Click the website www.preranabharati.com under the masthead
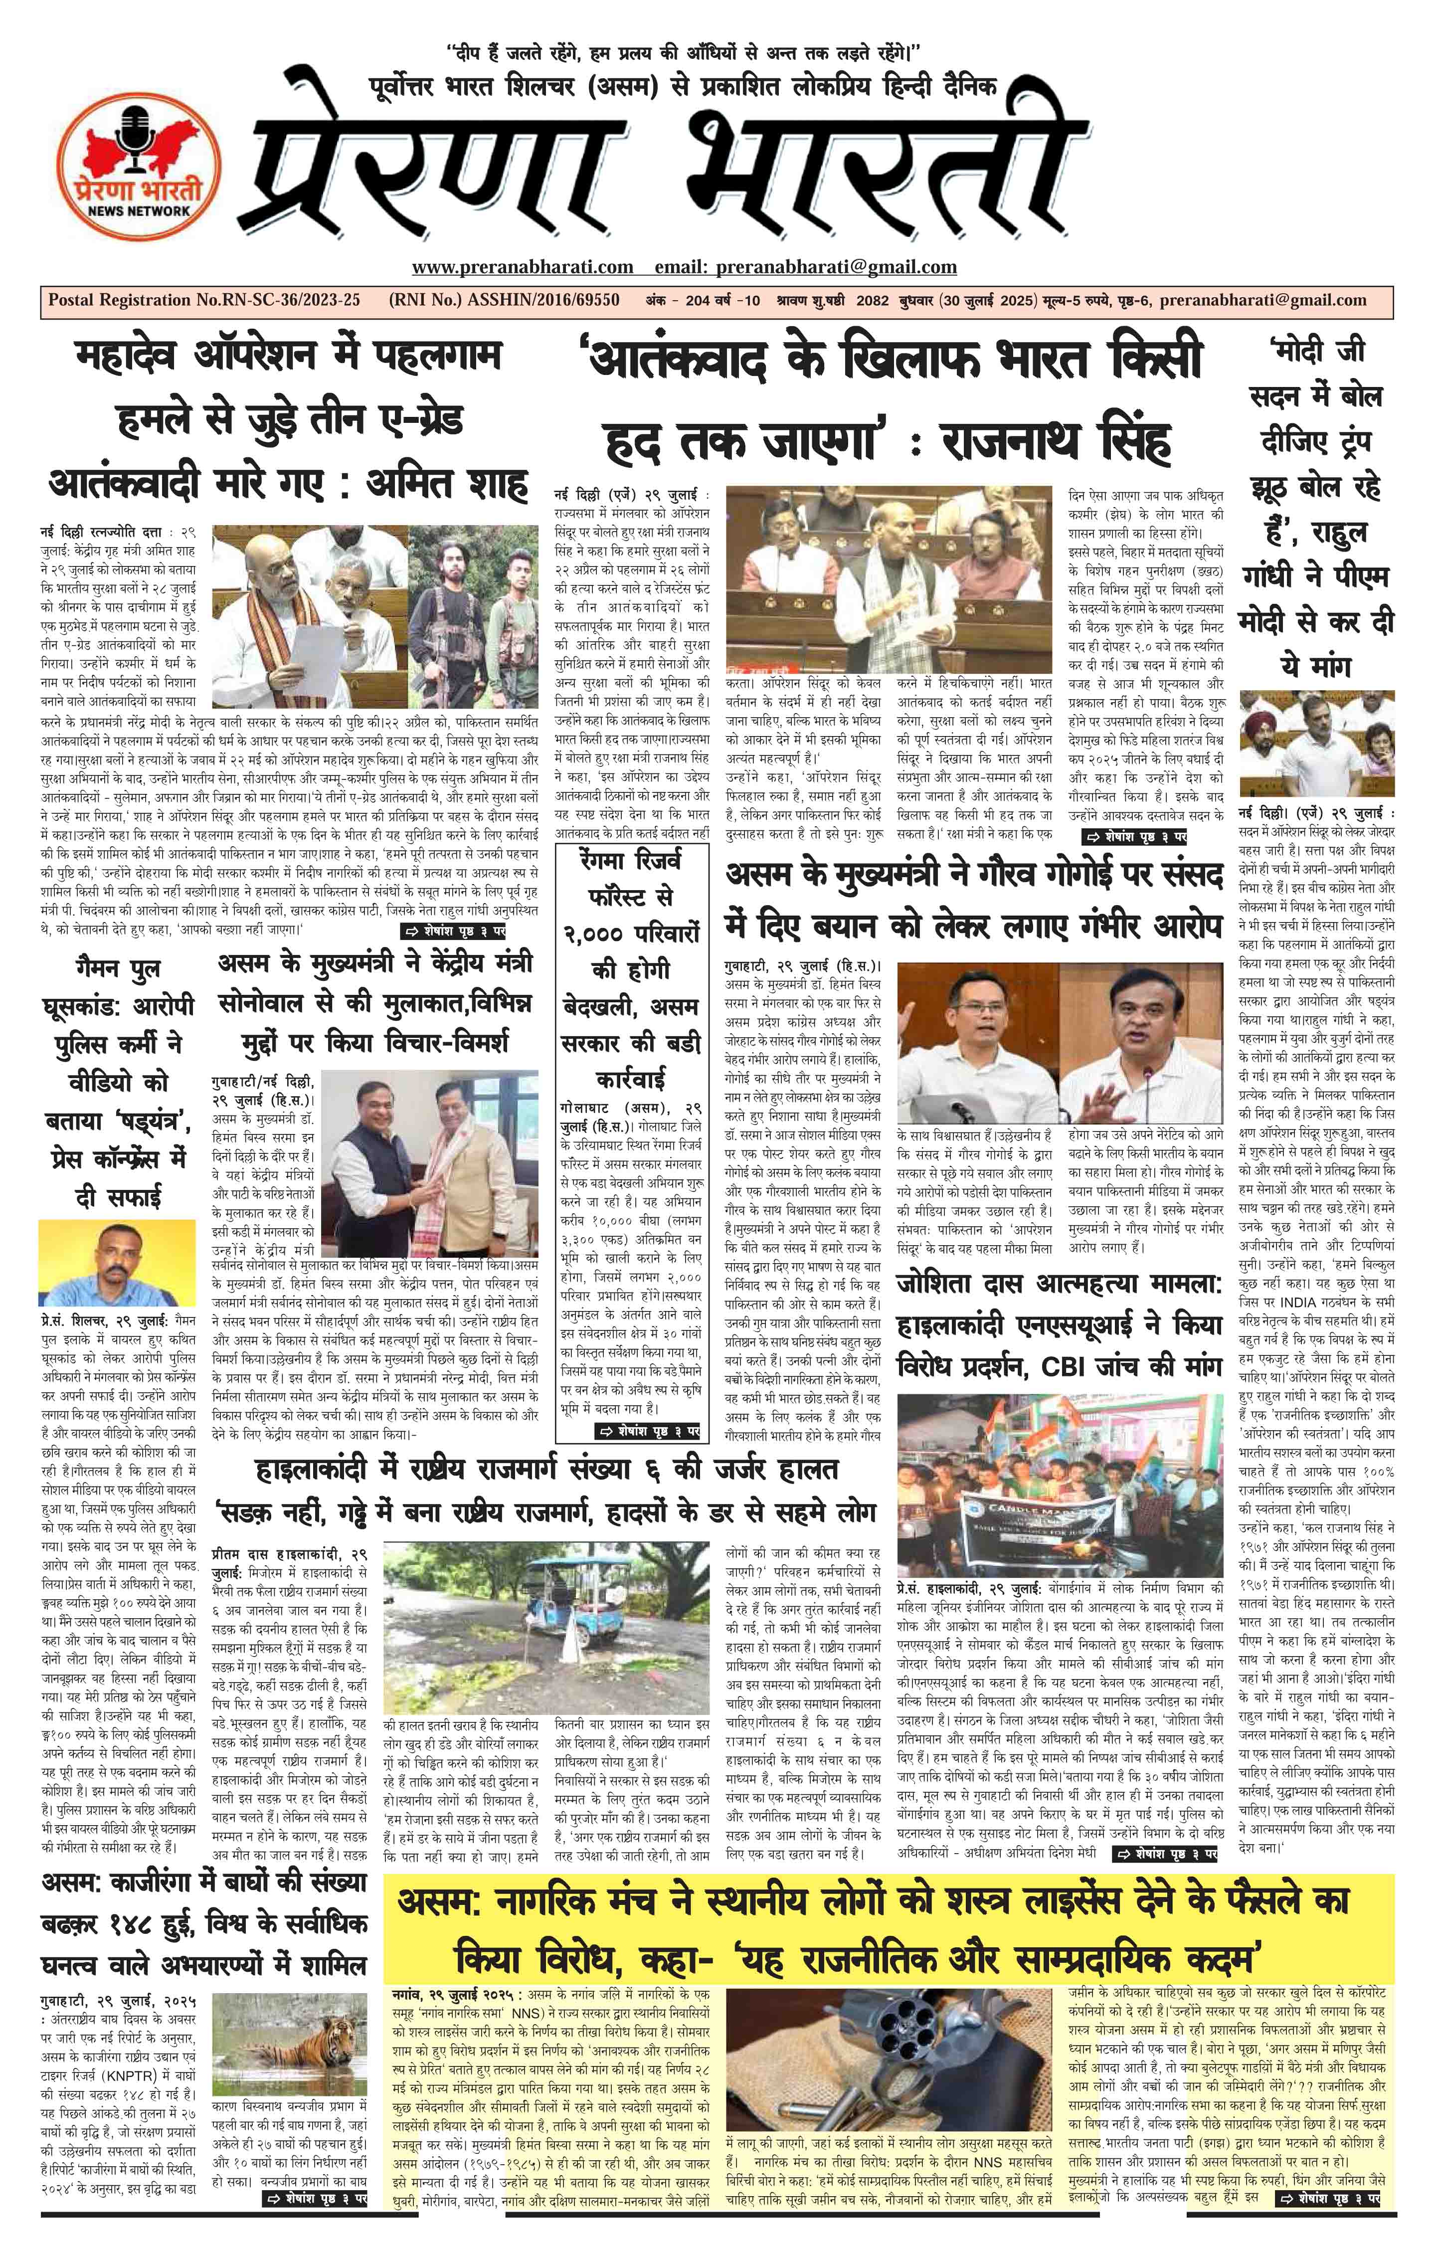coord(522,267)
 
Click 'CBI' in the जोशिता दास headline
coord(1075,1366)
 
